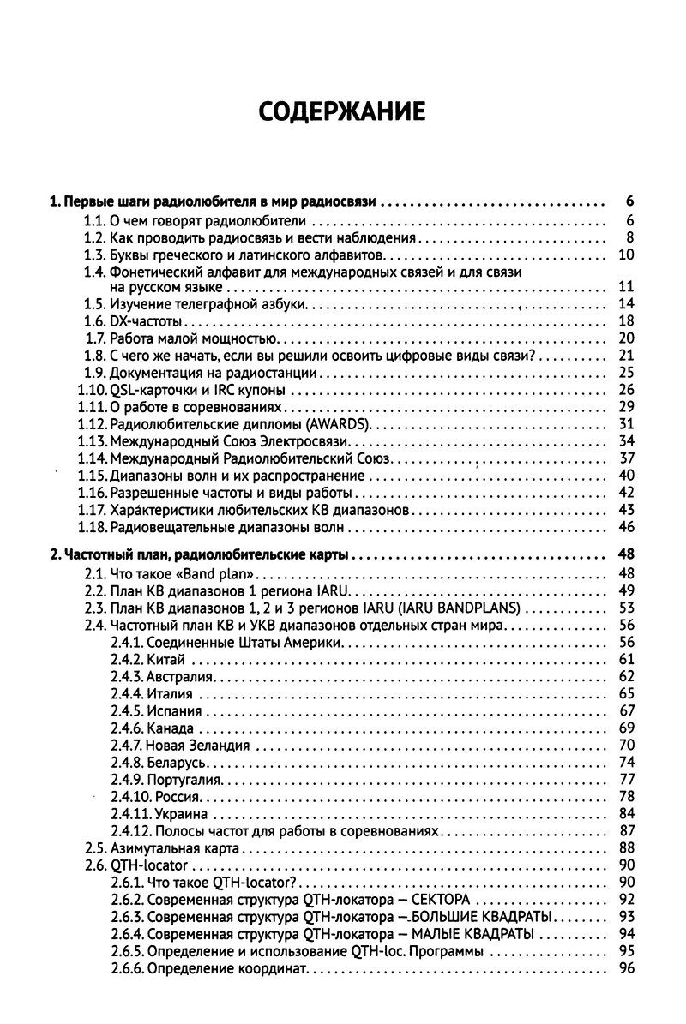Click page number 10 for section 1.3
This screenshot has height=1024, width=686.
pos(625,255)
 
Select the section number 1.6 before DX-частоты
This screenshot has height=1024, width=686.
pos(94,321)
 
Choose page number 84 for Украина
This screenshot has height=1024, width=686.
pos(625,812)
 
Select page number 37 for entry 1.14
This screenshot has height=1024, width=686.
pos(625,458)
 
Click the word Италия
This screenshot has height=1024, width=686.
pos(170,692)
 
